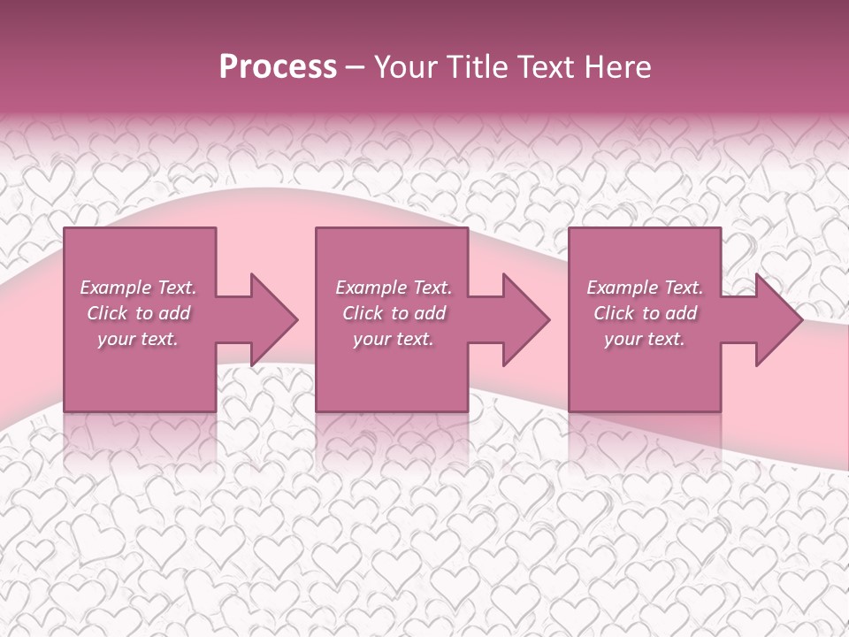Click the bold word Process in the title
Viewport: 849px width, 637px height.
tap(278, 67)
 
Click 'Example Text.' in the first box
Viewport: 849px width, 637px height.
tap(138, 288)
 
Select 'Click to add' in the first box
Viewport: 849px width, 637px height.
tap(138, 313)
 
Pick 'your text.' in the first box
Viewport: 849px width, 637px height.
tap(138, 339)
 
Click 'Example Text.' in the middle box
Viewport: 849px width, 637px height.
tap(394, 288)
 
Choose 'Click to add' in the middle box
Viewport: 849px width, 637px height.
tap(394, 313)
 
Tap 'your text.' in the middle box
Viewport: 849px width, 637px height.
tap(394, 339)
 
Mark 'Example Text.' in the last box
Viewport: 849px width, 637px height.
tap(645, 288)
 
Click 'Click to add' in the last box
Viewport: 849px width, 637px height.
tap(645, 313)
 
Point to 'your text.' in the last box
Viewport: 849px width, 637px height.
tap(645, 339)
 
